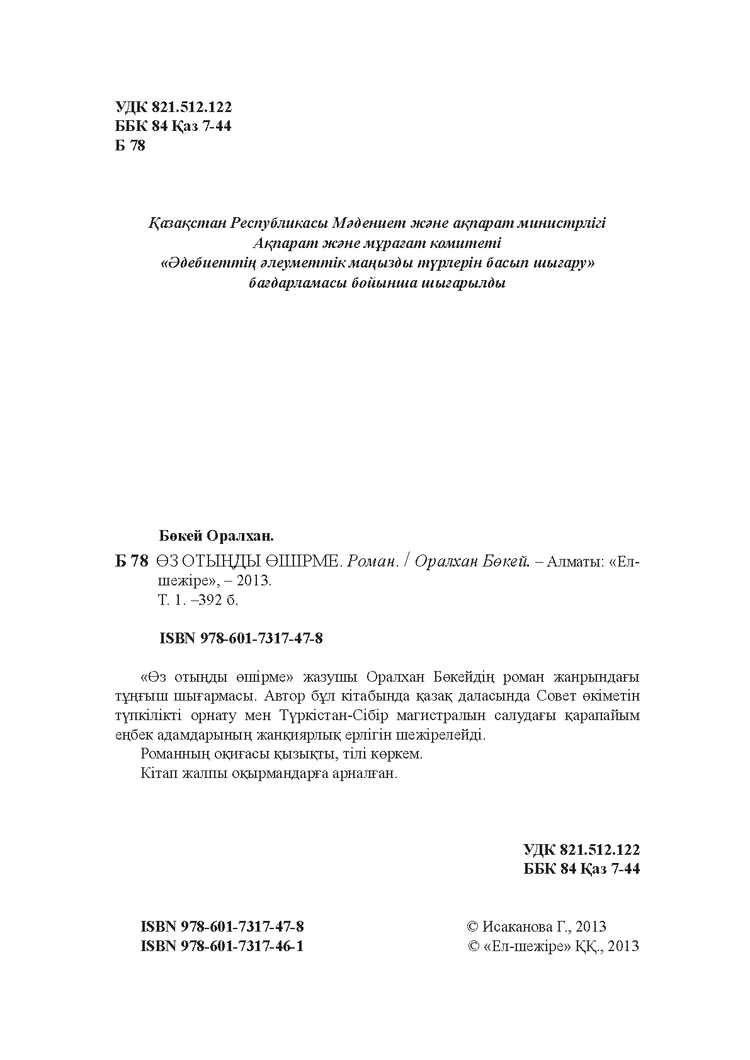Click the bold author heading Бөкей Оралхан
217,536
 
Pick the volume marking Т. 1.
171,600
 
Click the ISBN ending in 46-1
223,946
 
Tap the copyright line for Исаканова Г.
537,927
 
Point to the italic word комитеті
468,243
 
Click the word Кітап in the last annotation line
157,774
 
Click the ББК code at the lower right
581,869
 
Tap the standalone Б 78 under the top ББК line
130,146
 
